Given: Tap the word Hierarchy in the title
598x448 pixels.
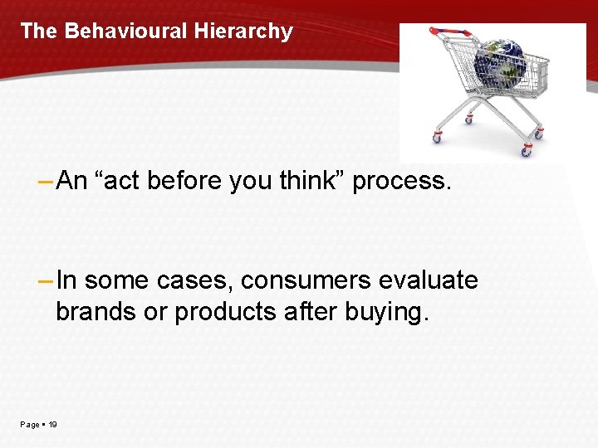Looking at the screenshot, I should point(243,32).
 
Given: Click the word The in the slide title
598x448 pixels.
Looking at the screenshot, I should point(39,32).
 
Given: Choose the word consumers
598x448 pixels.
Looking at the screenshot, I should point(306,281).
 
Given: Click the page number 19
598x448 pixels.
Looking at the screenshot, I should point(53,425).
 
